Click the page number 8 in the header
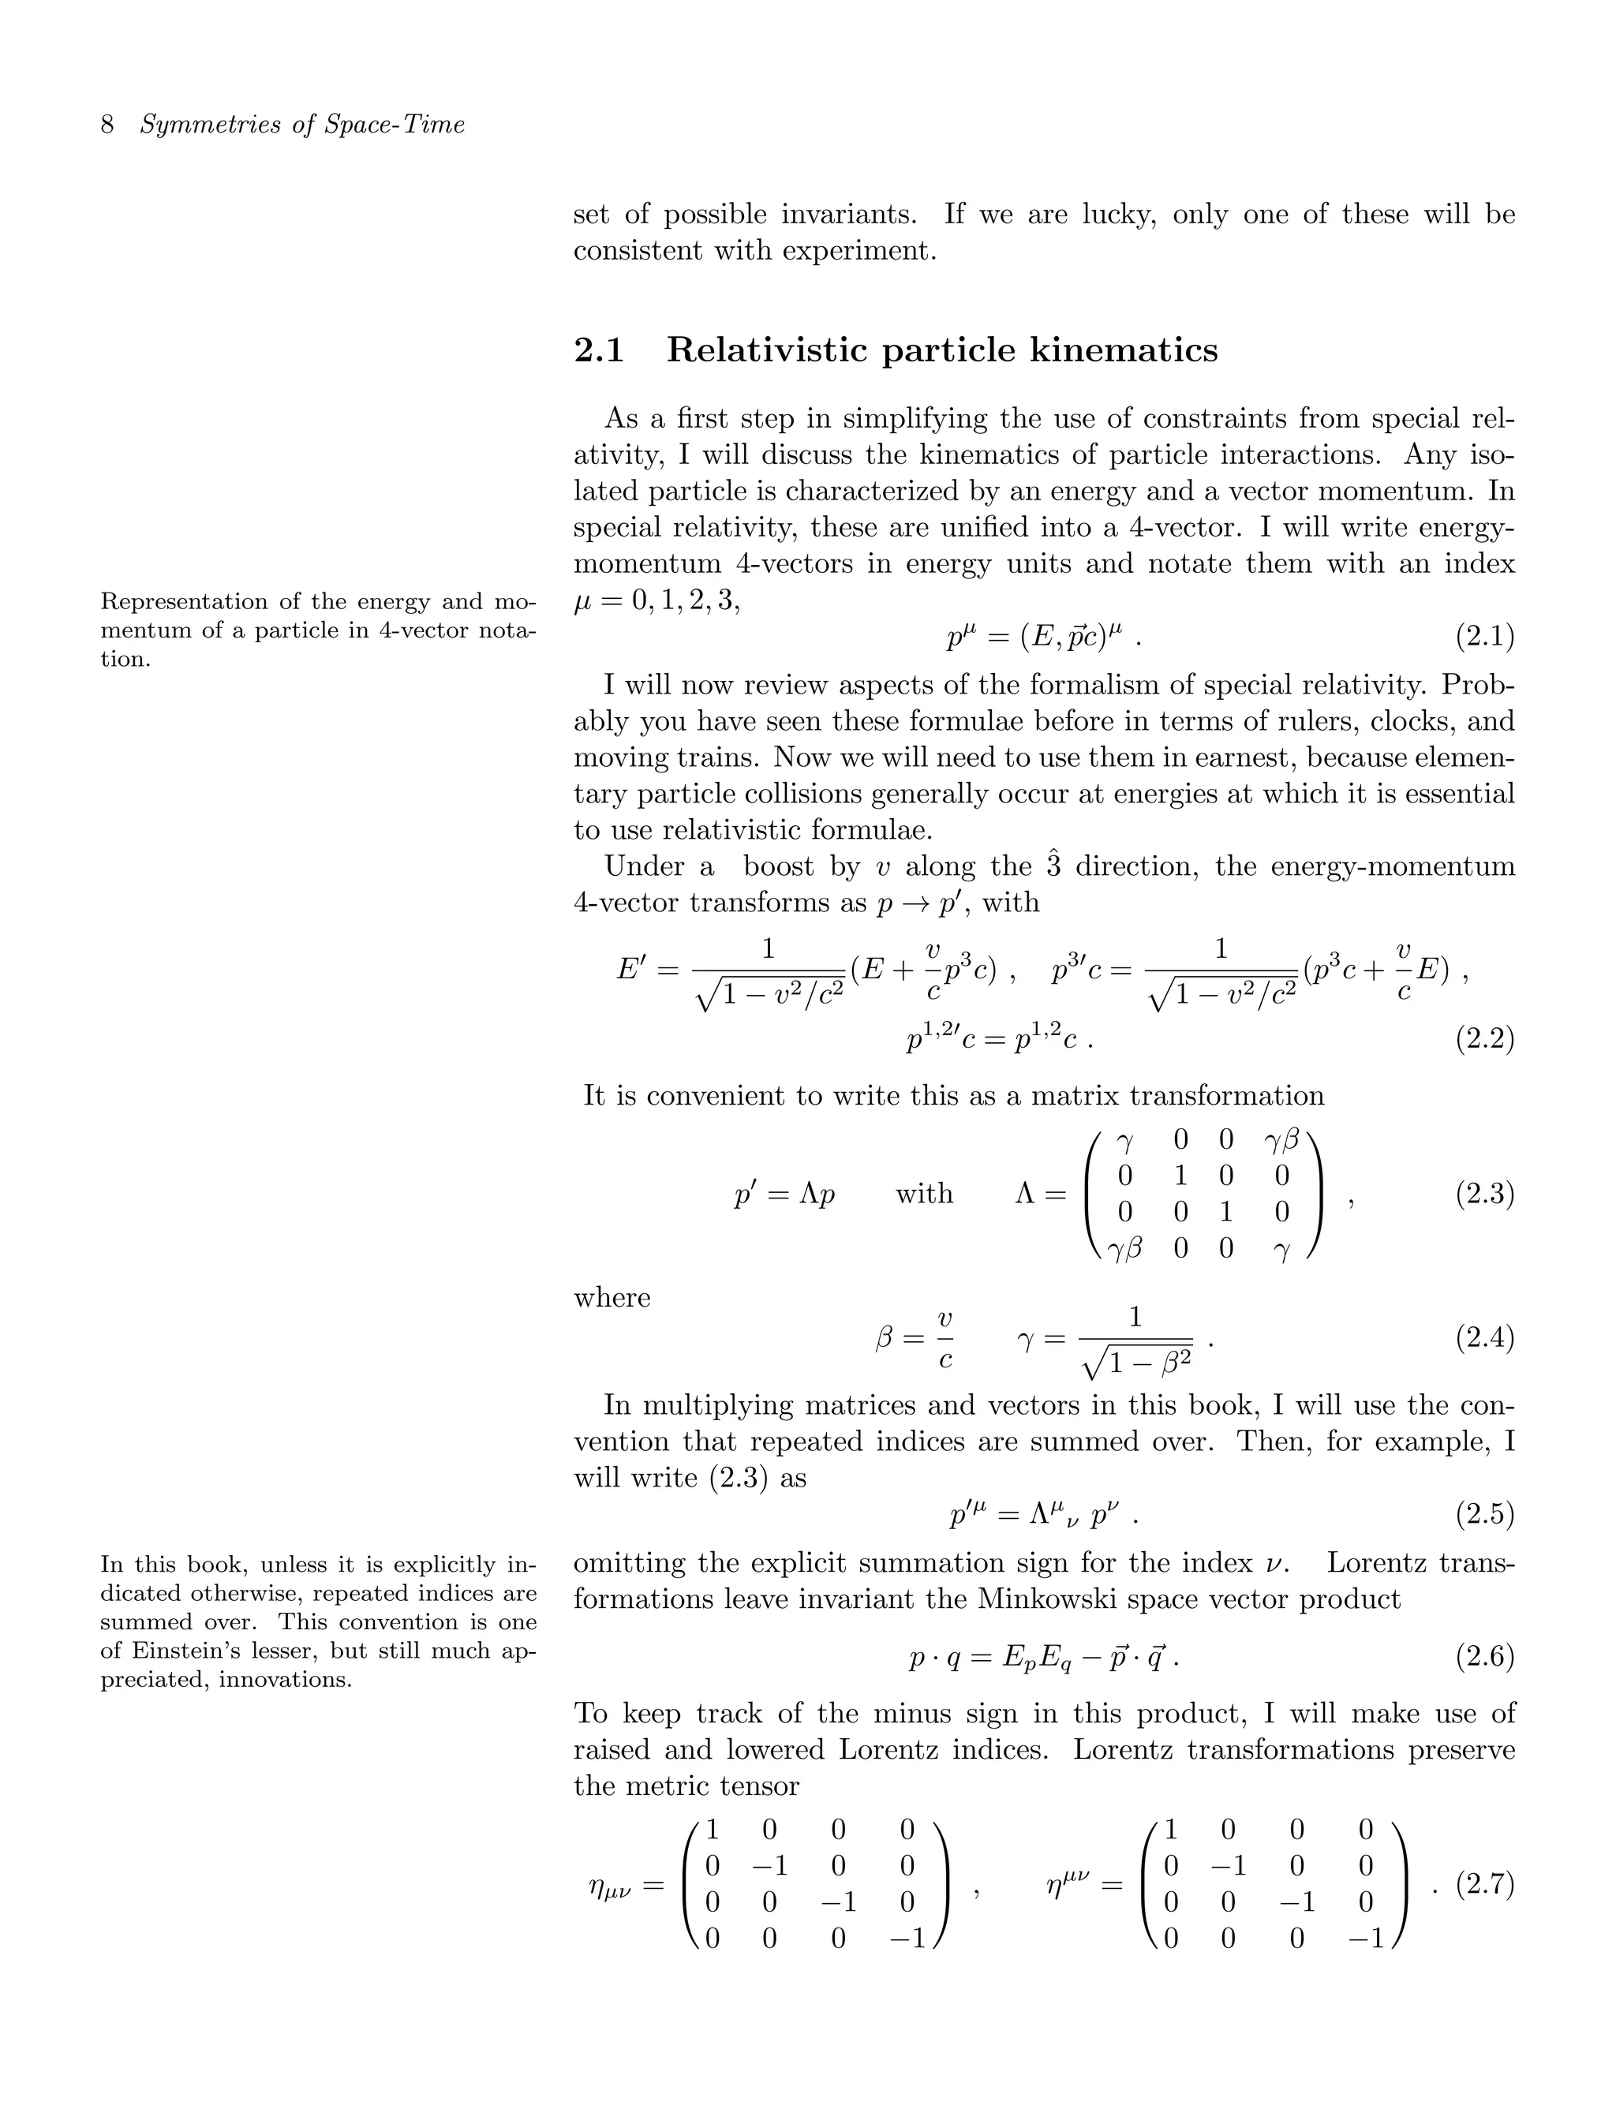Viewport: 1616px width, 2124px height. pyautogui.click(x=108, y=125)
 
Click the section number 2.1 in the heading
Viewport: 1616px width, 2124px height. pyautogui.click(x=598, y=350)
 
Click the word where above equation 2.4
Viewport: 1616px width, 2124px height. pyautogui.click(x=612, y=1298)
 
